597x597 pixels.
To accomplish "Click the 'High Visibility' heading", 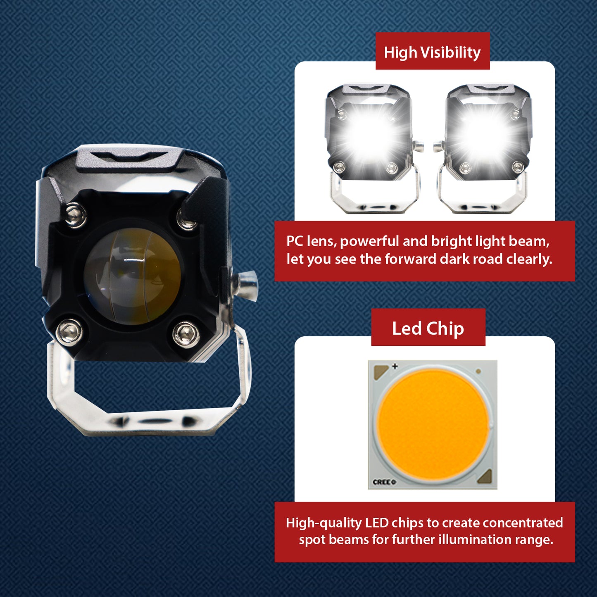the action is point(432,52).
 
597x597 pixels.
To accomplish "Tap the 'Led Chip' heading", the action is point(428,328).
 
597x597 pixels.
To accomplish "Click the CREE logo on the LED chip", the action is point(384,482).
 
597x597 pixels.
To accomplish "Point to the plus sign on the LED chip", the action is point(395,366).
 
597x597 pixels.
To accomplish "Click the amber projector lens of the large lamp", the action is point(133,276).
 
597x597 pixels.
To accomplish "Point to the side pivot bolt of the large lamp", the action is point(245,285).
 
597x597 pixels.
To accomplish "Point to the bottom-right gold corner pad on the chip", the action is point(485,476).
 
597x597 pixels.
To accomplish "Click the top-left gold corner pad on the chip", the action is point(381,371).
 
